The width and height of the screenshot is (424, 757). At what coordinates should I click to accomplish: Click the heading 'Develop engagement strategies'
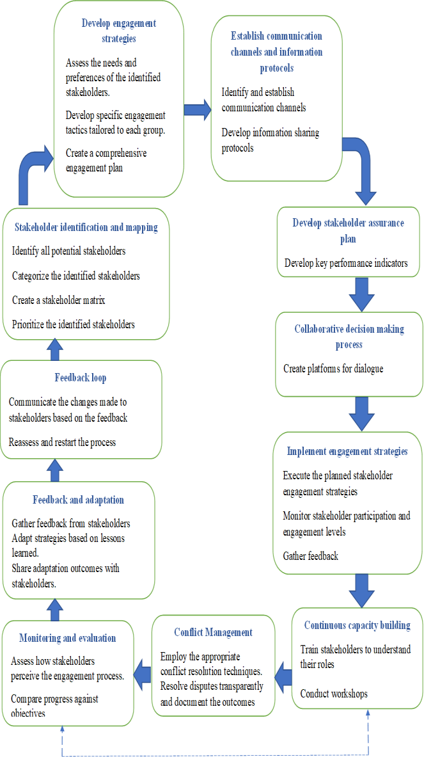point(119,31)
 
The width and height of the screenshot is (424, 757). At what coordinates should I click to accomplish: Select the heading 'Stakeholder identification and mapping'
point(86,227)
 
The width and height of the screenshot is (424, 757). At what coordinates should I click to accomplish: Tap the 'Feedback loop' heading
point(81,378)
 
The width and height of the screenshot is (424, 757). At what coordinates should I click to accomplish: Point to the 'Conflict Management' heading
point(213,632)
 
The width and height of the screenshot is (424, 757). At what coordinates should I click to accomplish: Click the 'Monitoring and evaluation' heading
point(68,638)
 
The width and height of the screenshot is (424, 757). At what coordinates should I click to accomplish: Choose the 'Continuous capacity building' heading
point(357,625)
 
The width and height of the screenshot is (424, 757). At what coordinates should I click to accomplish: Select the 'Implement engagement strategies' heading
point(347,451)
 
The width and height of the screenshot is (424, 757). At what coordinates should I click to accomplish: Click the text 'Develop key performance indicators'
point(346,262)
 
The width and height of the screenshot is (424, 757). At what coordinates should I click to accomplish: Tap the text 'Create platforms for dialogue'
point(333,369)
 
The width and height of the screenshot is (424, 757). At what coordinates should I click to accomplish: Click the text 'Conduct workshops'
point(334,694)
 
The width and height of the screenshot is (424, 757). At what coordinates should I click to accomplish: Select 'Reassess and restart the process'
point(62,442)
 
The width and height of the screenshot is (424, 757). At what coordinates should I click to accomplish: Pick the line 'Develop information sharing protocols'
point(270,140)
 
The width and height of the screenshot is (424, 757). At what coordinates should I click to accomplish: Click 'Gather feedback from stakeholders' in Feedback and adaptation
point(71,523)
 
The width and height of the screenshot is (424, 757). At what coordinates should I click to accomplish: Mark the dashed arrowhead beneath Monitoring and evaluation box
point(62,730)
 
